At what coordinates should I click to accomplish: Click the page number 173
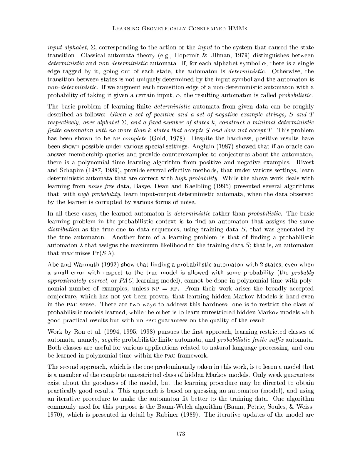(180, 433)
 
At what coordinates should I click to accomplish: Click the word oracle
(294, 146)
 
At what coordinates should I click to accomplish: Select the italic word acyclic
(110, 340)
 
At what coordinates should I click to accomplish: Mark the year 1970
(55, 415)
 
